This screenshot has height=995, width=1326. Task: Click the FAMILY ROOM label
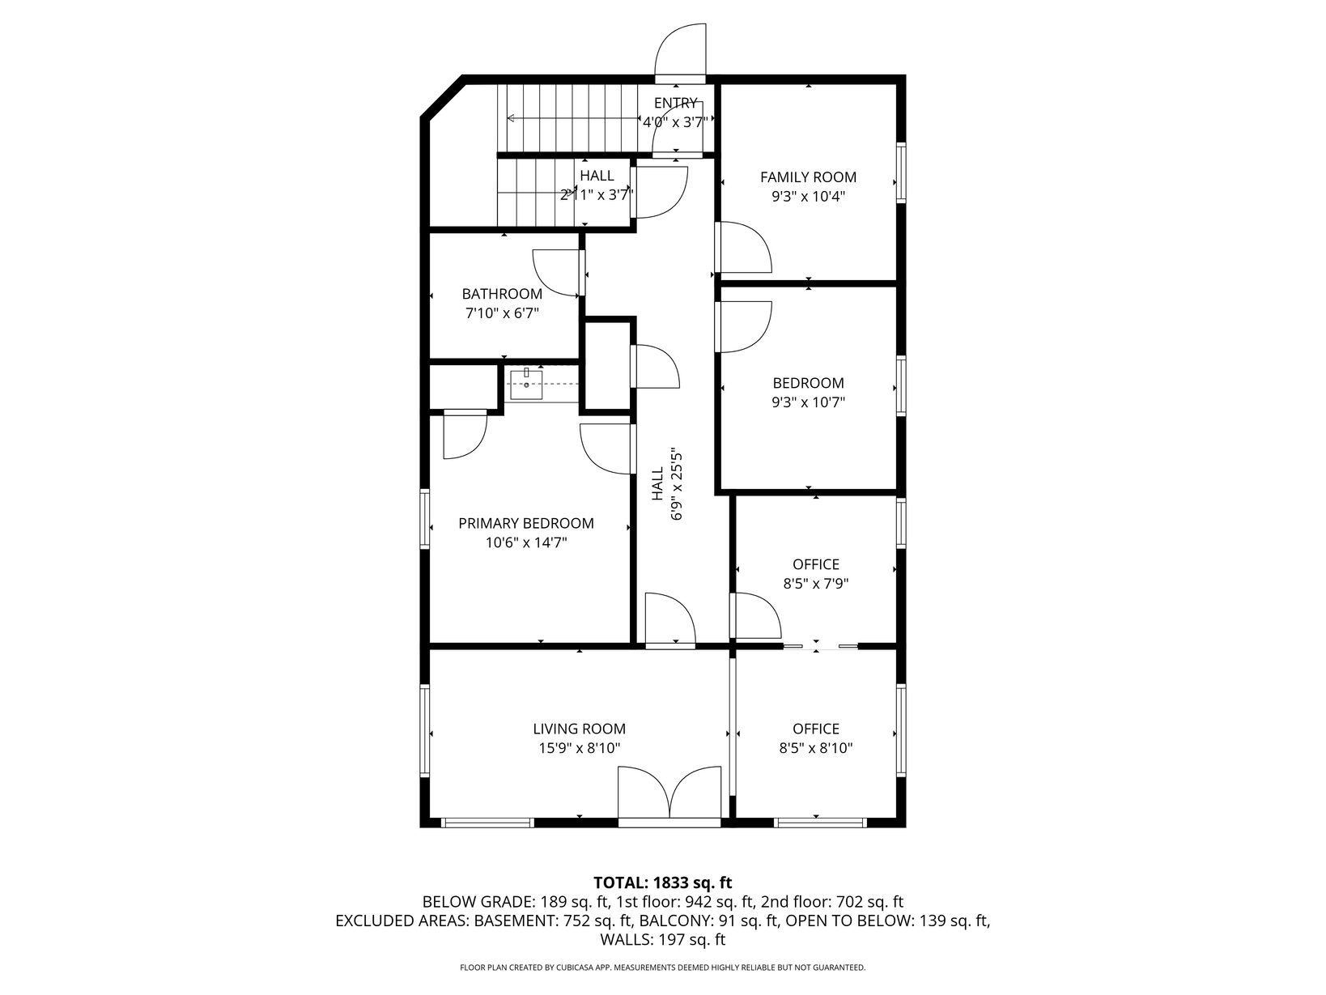808,177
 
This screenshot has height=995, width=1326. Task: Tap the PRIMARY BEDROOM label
526,523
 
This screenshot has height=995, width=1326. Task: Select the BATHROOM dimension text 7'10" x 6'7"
502,313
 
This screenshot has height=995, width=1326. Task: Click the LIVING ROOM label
580,729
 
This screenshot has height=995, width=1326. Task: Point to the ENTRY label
675,103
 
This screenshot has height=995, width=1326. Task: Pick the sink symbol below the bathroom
526,385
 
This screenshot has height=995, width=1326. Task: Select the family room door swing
744,247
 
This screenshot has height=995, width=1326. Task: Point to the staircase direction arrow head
510,118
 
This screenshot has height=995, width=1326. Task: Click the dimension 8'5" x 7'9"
816,584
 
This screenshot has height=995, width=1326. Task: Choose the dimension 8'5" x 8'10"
816,748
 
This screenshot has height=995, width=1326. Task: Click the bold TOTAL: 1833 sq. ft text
663,882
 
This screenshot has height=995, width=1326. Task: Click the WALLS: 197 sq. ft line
663,939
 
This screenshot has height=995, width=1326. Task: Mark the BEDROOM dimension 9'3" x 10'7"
808,402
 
